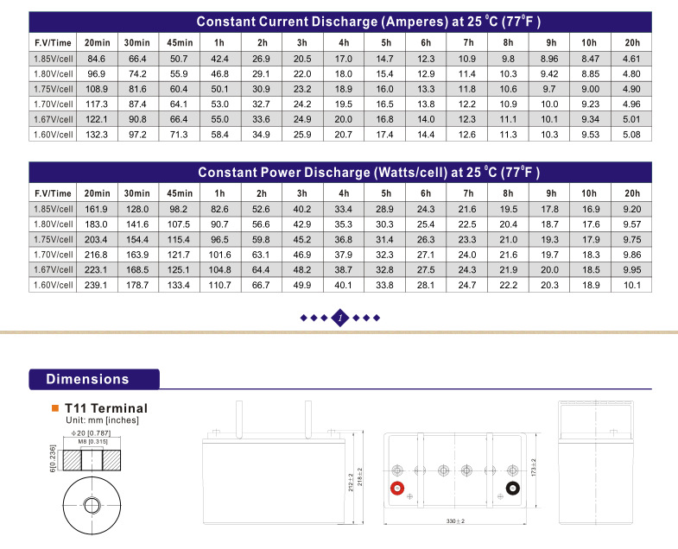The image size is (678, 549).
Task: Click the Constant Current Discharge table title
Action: [x=369, y=22]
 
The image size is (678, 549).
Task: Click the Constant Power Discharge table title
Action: [x=369, y=172]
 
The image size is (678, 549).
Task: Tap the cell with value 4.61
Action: [x=631, y=59]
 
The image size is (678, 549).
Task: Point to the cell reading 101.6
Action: [x=219, y=255]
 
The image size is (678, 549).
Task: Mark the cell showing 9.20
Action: [x=631, y=209]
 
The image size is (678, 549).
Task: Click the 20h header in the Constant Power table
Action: [x=631, y=192]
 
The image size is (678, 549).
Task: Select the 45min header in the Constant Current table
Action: [x=179, y=42]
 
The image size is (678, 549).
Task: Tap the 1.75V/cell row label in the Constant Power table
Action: [x=54, y=239]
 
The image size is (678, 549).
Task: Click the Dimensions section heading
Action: [x=87, y=379]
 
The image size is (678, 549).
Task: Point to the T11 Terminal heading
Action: [x=105, y=408]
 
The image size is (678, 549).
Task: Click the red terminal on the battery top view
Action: [x=398, y=489]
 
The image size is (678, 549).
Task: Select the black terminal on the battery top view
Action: [x=511, y=489]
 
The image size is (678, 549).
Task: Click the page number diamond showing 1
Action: [x=340, y=318]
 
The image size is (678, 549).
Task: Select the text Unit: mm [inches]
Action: [x=103, y=420]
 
